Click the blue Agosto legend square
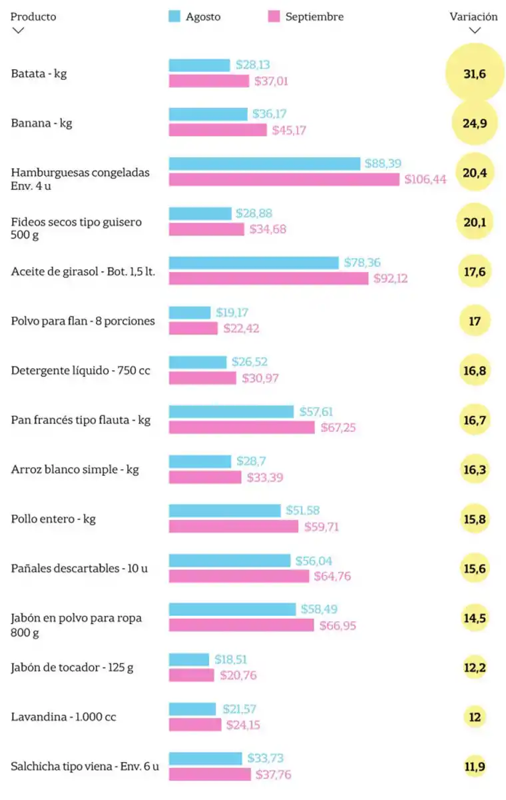tap(175, 17)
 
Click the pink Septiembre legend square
tap(274, 17)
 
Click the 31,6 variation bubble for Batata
tap(475, 73)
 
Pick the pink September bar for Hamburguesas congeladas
tap(284, 180)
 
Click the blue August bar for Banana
tap(208, 115)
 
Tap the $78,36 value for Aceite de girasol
tap(362, 263)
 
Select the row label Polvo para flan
tap(83, 321)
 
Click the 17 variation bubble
tap(475, 321)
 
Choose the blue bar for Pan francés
tap(231, 412)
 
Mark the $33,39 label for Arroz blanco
tap(266, 477)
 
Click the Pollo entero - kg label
tap(53, 519)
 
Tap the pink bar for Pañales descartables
tap(238, 576)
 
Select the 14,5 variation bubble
tap(475, 618)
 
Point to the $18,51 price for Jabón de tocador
tap(231, 659)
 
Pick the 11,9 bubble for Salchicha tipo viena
tap(475, 767)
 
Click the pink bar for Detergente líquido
tap(202, 378)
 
